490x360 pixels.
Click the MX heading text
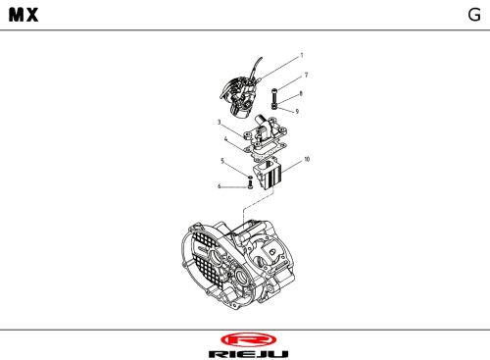click(x=24, y=15)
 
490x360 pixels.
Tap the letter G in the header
click(x=474, y=15)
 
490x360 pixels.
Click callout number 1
click(x=302, y=55)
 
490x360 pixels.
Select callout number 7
click(x=306, y=75)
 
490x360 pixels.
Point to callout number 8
click(x=301, y=93)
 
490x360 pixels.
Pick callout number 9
click(x=297, y=111)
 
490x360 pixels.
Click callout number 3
click(x=220, y=123)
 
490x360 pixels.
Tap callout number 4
click(x=225, y=139)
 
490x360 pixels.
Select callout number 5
click(x=222, y=161)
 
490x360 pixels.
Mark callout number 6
click(x=220, y=186)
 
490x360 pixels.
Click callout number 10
click(x=307, y=159)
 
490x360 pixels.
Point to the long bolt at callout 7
click(x=274, y=95)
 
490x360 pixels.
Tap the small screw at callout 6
click(x=250, y=184)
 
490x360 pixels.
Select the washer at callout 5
click(x=250, y=178)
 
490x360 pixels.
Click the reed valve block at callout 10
click(x=267, y=174)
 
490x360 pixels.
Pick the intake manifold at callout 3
click(x=265, y=130)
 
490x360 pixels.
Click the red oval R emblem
click(x=248, y=340)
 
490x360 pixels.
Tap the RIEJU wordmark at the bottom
click(x=248, y=354)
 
